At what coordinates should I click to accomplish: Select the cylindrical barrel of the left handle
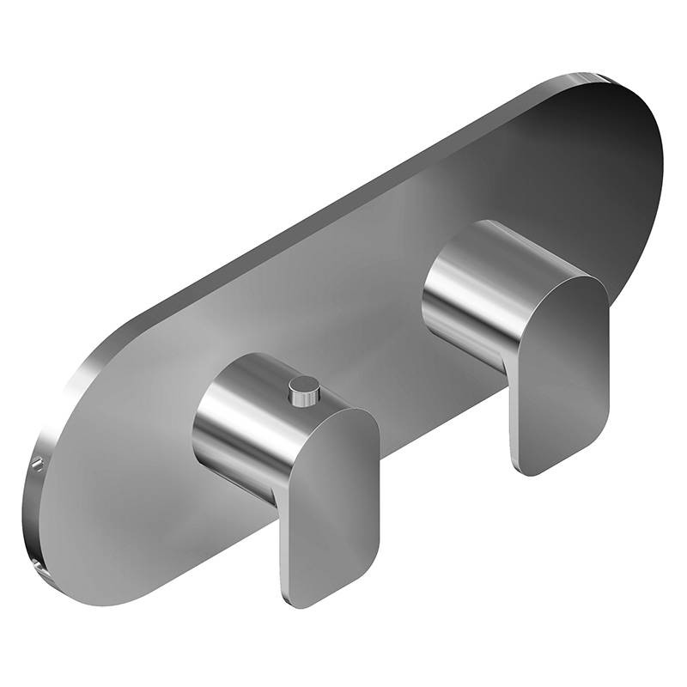click(x=240, y=421)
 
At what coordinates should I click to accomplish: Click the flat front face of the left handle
click(x=331, y=507)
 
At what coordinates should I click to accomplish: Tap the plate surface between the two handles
click(x=378, y=326)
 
